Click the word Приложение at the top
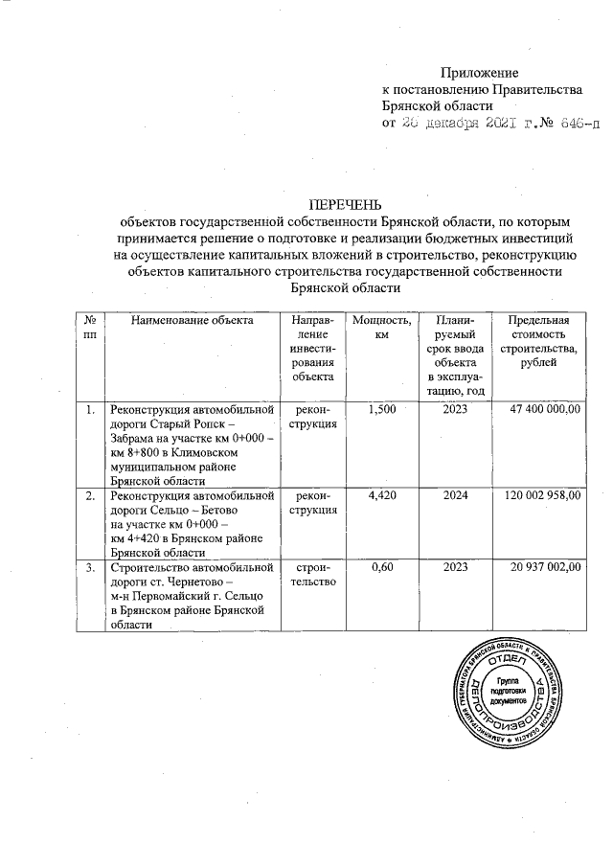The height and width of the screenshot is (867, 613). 479,73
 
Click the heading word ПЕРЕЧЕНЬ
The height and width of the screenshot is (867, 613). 344,203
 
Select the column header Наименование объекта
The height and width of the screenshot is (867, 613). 192,320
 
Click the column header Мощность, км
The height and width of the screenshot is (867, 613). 381,328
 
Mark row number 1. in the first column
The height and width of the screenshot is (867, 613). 90,411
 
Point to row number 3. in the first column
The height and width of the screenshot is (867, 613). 90,568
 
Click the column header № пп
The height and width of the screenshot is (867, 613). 90,328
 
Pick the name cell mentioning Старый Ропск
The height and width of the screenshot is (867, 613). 192,445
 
